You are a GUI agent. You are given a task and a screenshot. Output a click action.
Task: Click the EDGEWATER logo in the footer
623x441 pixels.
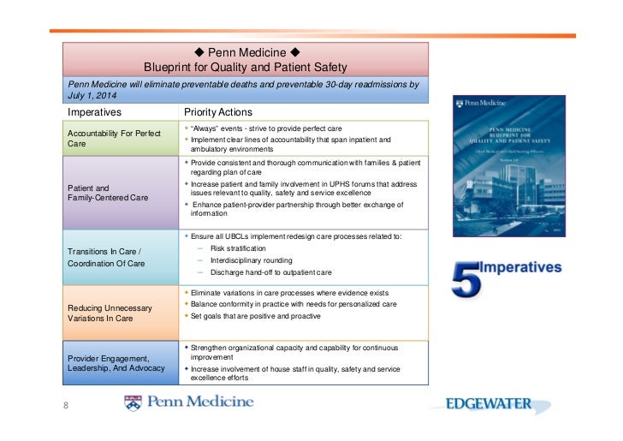488,404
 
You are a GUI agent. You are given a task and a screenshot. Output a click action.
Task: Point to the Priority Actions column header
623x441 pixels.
217,112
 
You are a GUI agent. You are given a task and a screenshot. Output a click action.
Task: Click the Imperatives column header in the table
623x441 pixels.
95,112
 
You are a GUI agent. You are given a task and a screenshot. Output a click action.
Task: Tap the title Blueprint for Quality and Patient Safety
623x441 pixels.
246,66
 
